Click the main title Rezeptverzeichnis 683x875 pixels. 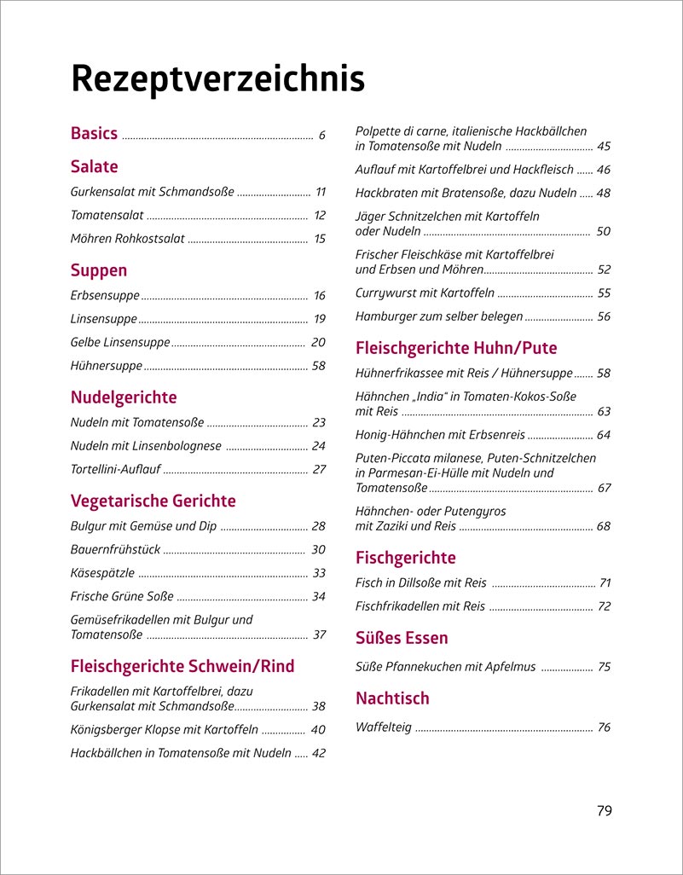pyautogui.click(x=217, y=79)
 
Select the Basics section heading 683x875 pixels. pyautogui.click(x=94, y=134)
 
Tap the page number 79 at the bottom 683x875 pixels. pyautogui.click(x=604, y=810)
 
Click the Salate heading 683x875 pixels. pyautogui.click(x=94, y=166)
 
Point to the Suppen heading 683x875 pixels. pyautogui.click(x=99, y=270)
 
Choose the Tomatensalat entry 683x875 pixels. pyautogui.click(x=107, y=216)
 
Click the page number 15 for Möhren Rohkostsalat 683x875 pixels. pyautogui.click(x=320, y=239)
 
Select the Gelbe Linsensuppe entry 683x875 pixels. pyautogui.click(x=119, y=343)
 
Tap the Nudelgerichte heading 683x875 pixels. pyautogui.click(x=124, y=397)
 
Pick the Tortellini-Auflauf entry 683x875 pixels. pyautogui.click(x=115, y=469)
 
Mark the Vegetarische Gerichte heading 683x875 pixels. pyautogui.click(x=153, y=501)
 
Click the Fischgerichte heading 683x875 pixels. pyautogui.click(x=405, y=558)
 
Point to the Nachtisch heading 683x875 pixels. pyautogui.click(x=392, y=698)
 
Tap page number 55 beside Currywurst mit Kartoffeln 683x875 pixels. pyautogui.click(x=604, y=293)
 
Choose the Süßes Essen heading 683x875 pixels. pyautogui.click(x=401, y=638)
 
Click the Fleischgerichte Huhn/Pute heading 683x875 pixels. pyautogui.click(x=455, y=348)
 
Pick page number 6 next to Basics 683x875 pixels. pyautogui.click(x=322, y=135)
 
